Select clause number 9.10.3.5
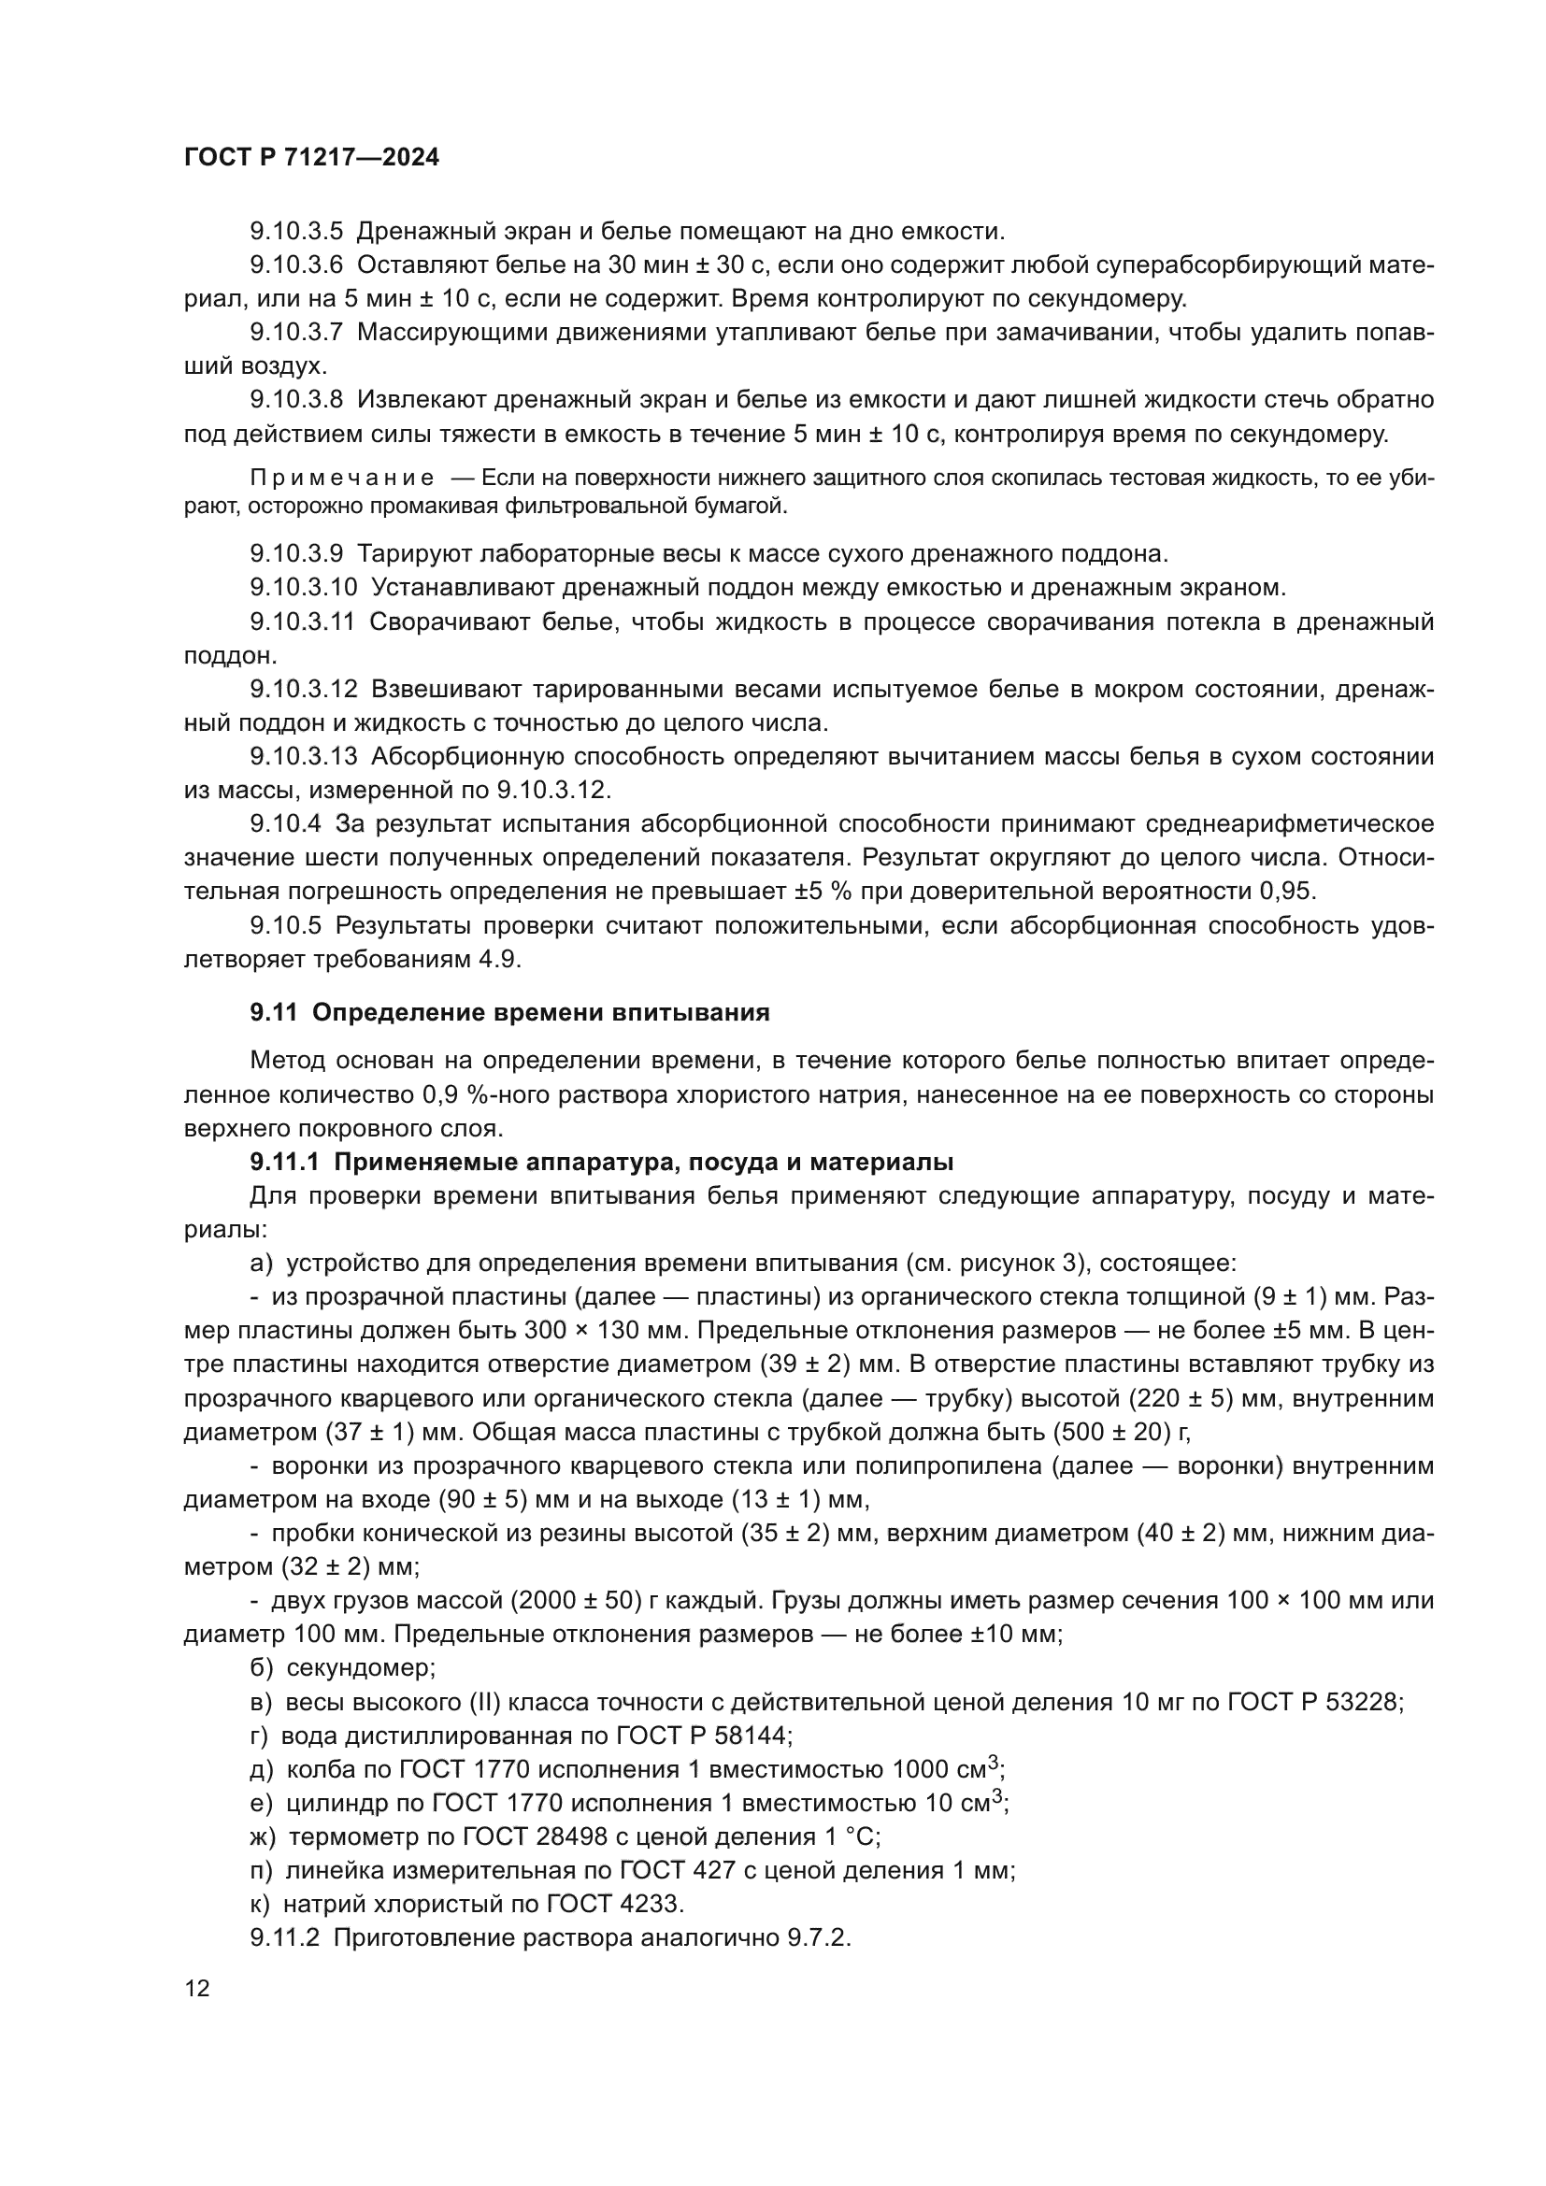point(296,232)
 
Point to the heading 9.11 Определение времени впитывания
point(510,1012)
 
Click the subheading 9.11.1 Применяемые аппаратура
point(602,1162)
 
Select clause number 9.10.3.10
point(303,588)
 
